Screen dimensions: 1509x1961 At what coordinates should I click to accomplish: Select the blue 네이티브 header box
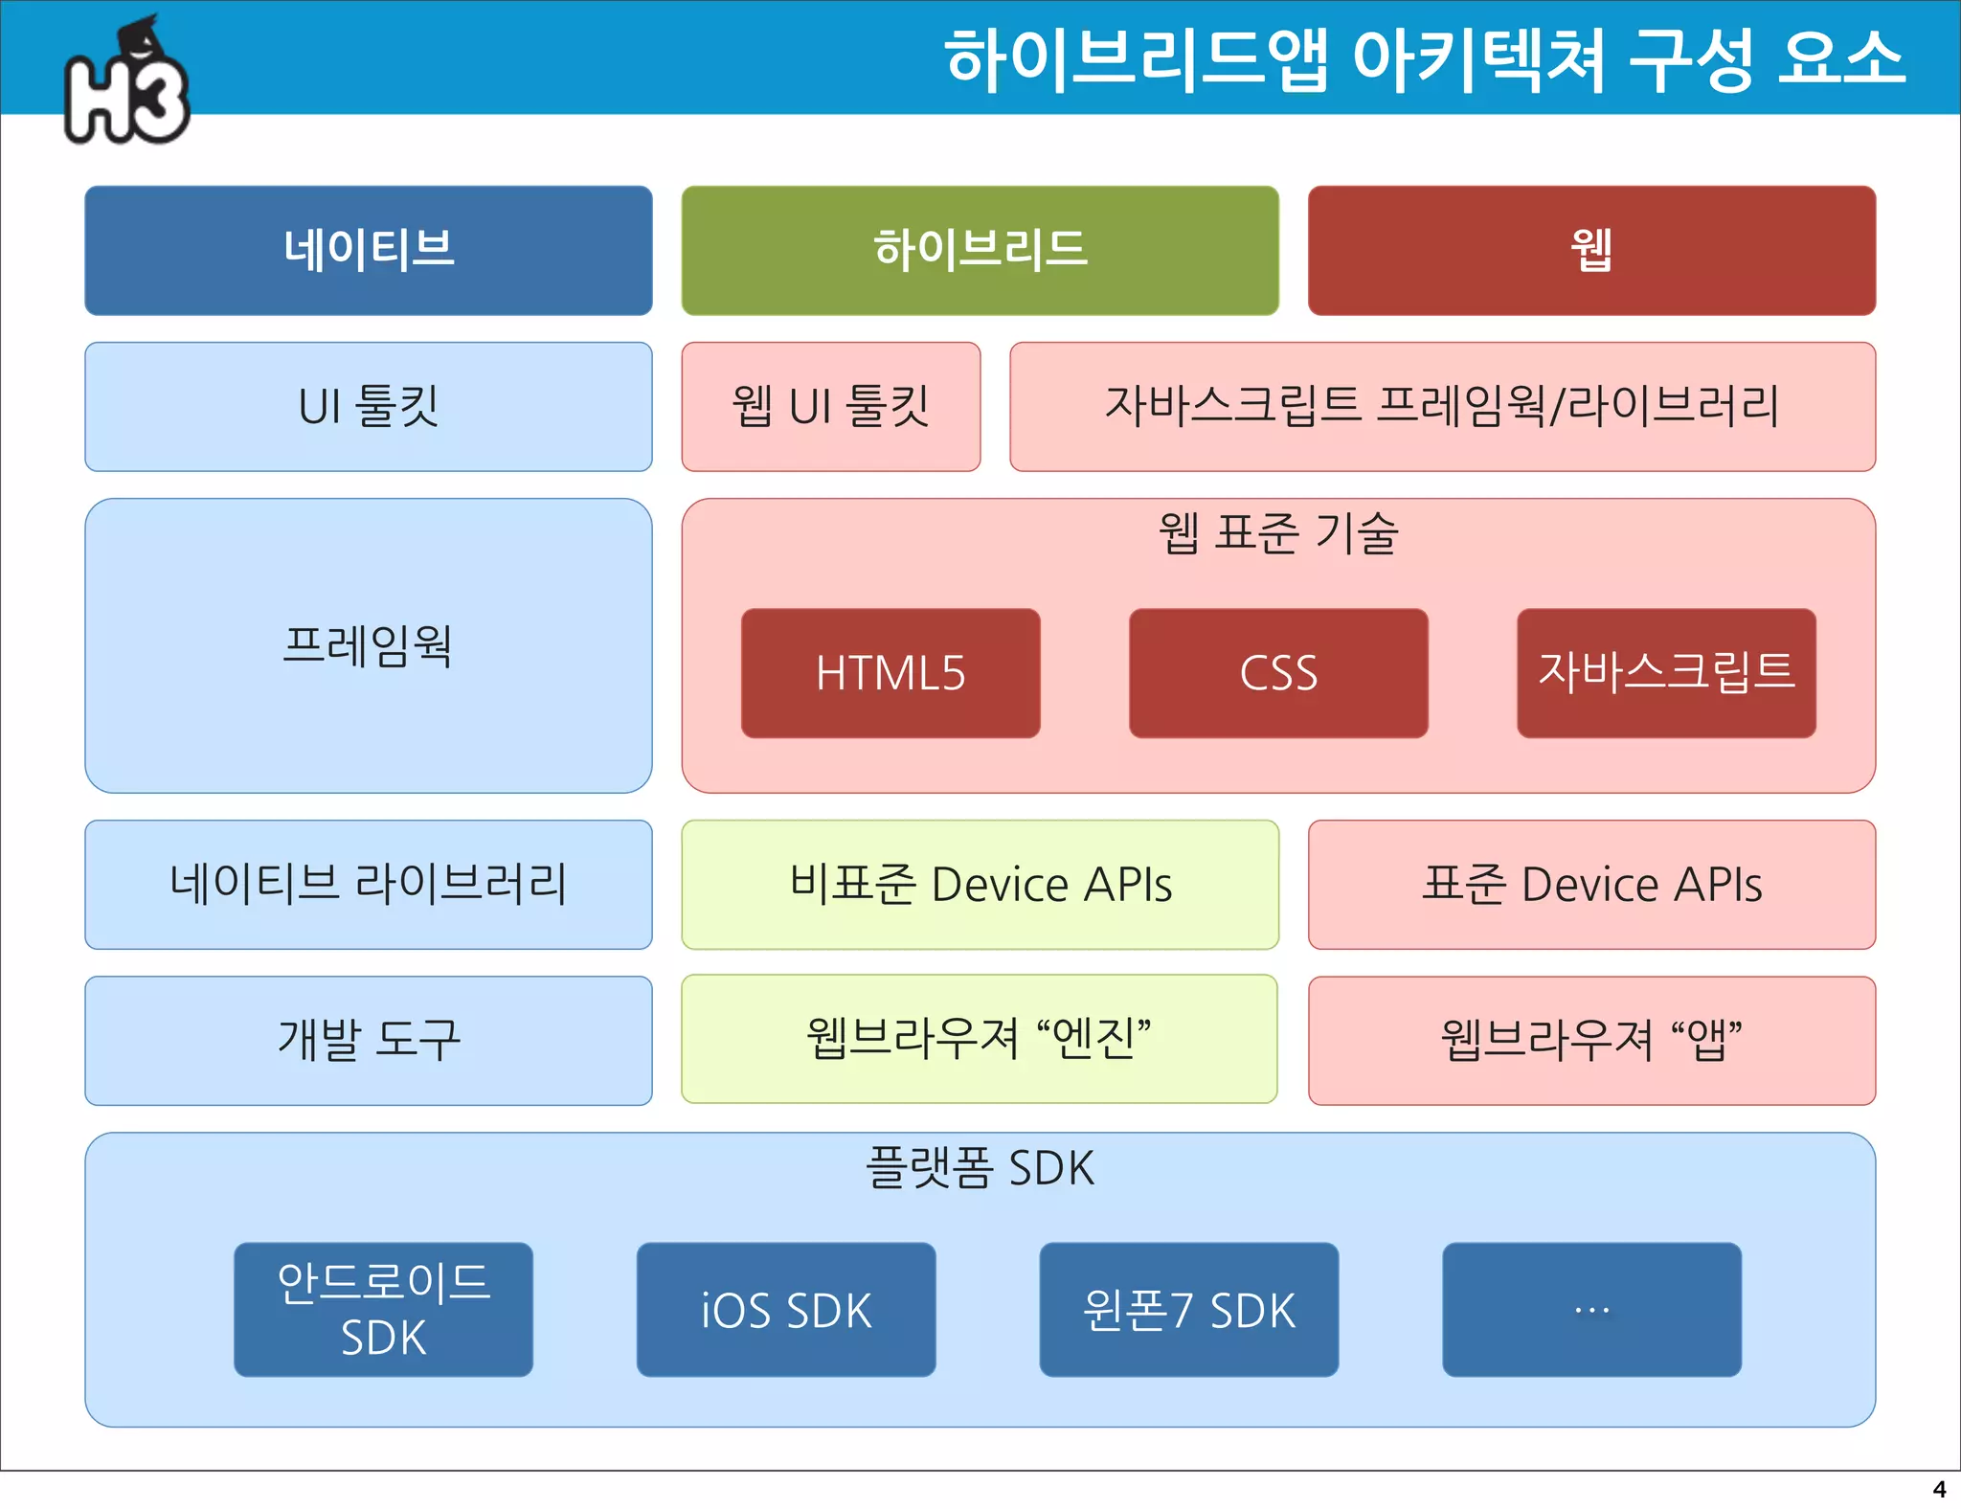(x=369, y=250)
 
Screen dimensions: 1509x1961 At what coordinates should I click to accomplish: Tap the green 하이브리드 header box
(x=980, y=250)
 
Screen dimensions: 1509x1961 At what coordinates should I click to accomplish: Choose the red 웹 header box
(x=1591, y=250)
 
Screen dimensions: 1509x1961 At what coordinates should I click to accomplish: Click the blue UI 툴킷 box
(x=369, y=406)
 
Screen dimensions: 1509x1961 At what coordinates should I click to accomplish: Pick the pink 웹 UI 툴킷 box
(x=830, y=406)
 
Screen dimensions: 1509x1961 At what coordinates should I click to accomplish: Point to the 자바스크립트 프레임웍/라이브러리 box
(x=1442, y=406)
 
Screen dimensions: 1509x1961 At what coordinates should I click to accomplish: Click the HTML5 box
(x=890, y=672)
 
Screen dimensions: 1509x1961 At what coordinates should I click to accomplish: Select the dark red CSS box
(x=1278, y=672)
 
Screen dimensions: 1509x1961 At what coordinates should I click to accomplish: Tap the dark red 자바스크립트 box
(x=1666, y=672)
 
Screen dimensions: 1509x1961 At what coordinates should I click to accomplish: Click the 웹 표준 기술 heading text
(x=1278, y=533)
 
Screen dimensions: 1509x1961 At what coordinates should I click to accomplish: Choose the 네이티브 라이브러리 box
(x=369, y=884)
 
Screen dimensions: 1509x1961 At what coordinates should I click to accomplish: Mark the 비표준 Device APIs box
(x=980, y=884)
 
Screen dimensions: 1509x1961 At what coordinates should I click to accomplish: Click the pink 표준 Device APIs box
(x=1591, y=884)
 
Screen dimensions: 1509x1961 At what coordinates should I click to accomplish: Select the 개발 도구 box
(x=369, y=1040)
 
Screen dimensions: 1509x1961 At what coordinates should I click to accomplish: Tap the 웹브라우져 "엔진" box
(x=979, y=1039)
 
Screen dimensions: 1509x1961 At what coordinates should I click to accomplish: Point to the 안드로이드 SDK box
(x=383, y=1309)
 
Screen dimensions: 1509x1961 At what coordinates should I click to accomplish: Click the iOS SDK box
(x=786, y=1309)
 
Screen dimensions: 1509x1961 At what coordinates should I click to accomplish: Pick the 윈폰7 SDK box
(x=1188, y=1309)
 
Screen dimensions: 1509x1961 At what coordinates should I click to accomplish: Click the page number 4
(x=1939, y=1489)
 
